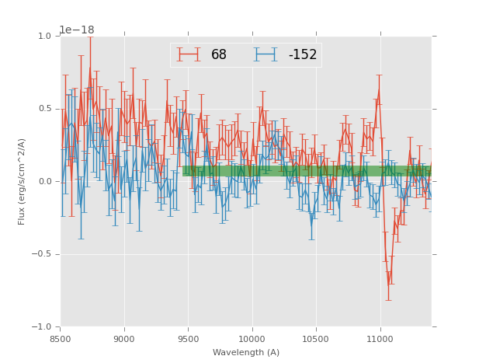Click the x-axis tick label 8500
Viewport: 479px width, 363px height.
click(x=61, y=339)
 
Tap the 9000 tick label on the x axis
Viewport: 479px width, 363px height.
click(x=124, y=339)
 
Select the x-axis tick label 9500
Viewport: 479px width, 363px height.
click(x=188, y=339)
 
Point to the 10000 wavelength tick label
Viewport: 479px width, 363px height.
click(x=252, y=339)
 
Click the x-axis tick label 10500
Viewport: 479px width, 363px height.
click(x=316, y=339)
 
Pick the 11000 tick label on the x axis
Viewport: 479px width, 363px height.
click(x=380, y=339)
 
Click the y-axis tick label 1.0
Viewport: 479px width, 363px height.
click(x=44, y=37)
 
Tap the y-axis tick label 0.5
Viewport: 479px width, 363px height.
click(x=44, y=109)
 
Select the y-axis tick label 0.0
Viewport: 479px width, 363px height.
click(x=44, y=182)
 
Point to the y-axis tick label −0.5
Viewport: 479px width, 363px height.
click(x=42, y=254)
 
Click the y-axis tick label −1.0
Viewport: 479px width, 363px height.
click(x=42, y=327)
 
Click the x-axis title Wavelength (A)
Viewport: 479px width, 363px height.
click(x=246, y=353)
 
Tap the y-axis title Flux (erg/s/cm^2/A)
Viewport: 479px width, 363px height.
click(x=23, y=182)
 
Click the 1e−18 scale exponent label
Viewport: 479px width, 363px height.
click(x=77, y=30)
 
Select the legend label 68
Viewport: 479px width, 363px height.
click(x=219, y=55)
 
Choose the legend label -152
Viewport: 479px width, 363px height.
click(x=303, y=55)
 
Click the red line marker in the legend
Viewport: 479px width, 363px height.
click(x=188, y=55)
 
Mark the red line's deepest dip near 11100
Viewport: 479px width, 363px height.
click(x=389, y=284)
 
